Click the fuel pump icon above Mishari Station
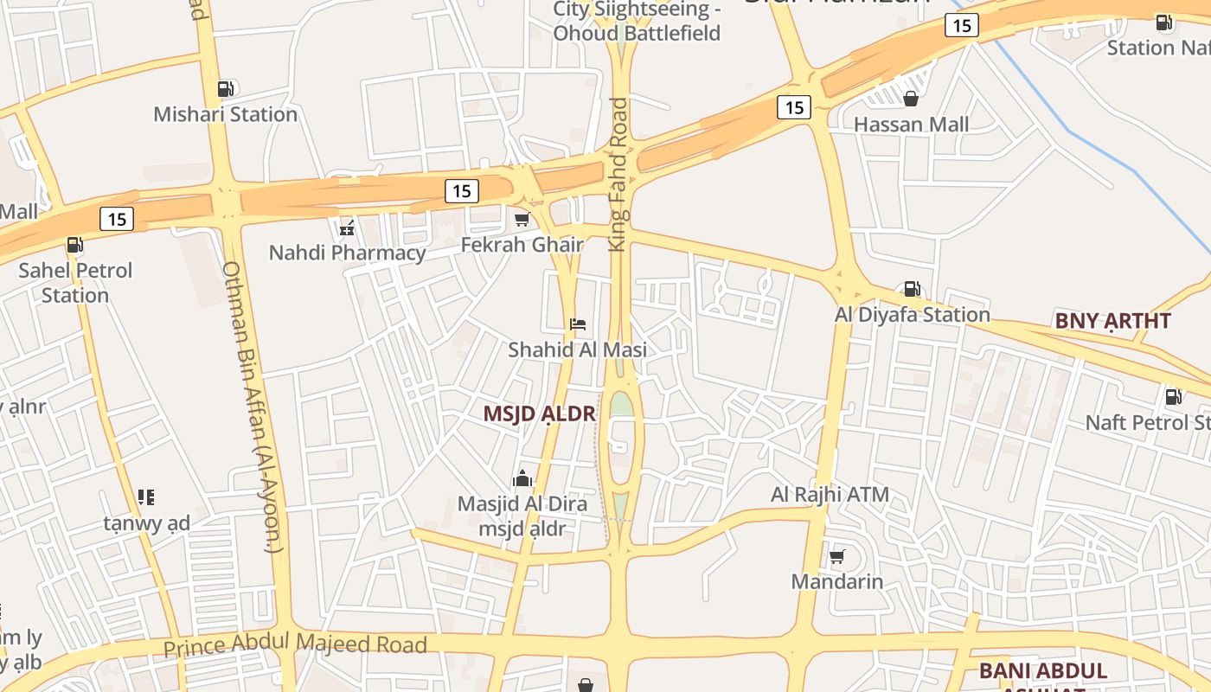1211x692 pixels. click(x=225, y=88)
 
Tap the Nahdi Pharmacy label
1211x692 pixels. click(x=347, y=253)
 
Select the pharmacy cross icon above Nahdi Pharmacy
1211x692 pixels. click(x=347, y=228)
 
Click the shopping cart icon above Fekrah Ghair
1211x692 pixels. click(x=522, y=220)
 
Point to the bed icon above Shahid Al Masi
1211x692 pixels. click(x=578, y=324)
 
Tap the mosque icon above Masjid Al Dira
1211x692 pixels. click(x=522, y=478)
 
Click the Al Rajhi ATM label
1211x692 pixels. click(x=830, y=495)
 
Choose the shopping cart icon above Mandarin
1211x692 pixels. click(x=836, y=556)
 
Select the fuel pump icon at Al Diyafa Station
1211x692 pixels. click(x=912, y=289)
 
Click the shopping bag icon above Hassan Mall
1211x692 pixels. click(x=911, y=99)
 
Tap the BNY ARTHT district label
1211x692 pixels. click(x=1112, y=321)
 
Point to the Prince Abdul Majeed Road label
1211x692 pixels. click(x=295, y=644)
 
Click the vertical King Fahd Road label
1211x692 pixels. click(x=618, y=175)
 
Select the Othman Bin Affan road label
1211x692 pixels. click(x=253, y=407)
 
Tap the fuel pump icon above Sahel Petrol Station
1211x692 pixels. click(x=75, y=245)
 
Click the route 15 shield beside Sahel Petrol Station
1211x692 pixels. click(x=117, y=219)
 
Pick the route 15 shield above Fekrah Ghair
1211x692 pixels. click(x=462, y=190)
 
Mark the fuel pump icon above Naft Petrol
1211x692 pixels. click(x=1174, y=397)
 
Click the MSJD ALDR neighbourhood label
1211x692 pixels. click(x=539, y=413)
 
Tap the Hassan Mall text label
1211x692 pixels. click(x=911, y=125)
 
